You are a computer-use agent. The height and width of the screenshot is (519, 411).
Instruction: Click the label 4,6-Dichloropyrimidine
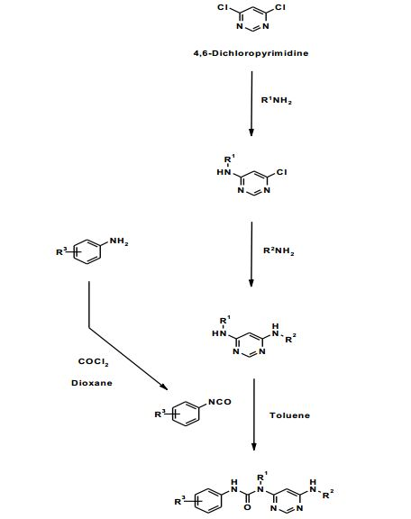251,53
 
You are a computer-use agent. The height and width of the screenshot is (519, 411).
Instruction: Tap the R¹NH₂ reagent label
277,100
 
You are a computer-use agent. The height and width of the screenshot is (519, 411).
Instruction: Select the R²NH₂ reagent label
279,251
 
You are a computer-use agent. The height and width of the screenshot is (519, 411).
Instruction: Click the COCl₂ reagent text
94,362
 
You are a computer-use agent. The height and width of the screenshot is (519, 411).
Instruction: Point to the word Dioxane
92,383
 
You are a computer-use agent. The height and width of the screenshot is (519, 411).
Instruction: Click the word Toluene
290,415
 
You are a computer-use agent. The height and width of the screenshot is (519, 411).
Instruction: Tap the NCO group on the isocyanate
220,402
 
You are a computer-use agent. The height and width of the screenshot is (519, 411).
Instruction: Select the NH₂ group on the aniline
119,241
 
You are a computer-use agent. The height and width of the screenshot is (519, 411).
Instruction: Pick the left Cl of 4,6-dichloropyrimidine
223,7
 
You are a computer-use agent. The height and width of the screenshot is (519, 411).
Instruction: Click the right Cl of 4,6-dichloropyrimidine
279,7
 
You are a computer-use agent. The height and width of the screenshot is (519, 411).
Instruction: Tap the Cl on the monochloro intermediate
281,172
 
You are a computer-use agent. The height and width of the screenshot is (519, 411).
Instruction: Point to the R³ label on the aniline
61,252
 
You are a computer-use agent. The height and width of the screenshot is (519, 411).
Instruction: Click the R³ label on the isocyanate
160,414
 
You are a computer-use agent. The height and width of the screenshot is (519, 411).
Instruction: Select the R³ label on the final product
180,501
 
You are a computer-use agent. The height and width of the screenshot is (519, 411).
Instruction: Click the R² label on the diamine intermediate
290,339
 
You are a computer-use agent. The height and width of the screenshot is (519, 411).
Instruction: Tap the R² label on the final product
328,495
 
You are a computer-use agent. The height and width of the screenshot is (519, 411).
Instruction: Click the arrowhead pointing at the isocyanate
164,387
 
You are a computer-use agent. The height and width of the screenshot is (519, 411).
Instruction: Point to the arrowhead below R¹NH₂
251,132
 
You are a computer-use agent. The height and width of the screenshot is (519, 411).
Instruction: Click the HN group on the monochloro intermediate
224,172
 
